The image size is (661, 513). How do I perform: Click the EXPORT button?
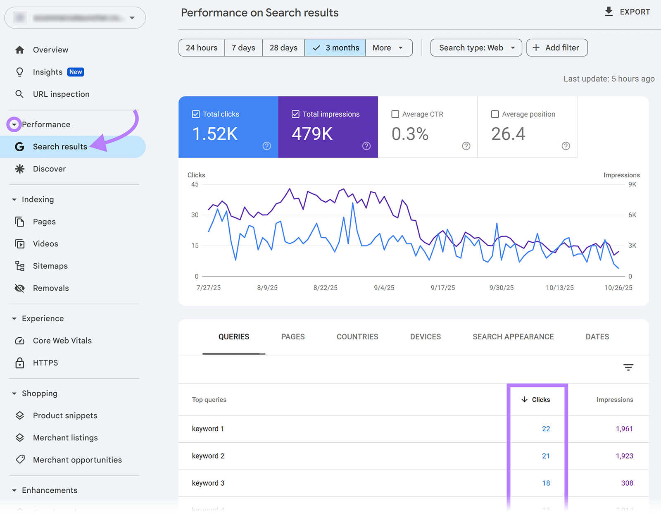[627, 12]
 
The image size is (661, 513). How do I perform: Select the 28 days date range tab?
[283, 48]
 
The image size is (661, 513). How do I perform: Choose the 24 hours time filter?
[202, 48]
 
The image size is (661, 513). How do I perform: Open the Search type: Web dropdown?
[476, 48]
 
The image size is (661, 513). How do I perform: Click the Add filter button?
[556, 48]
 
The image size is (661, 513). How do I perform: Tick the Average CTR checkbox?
[395, 114]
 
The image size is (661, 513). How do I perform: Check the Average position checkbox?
[495, 114]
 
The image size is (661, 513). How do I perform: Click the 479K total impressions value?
[312, 134]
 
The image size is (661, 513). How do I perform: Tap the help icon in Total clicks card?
[267, 146]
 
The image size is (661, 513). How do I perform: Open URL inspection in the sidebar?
[61, 94]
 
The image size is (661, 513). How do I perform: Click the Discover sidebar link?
[49, 169]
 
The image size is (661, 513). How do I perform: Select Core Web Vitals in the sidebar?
[62, 341]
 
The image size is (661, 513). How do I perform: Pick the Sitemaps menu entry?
[50, 266]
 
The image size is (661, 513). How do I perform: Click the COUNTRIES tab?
[357, 337]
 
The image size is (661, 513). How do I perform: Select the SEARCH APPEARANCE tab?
[513, 337]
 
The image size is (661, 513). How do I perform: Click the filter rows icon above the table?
[628, 367]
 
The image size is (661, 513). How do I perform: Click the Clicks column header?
[536, 400]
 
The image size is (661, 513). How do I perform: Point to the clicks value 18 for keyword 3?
[546, 483]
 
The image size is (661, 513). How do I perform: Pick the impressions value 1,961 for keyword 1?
[624, 429]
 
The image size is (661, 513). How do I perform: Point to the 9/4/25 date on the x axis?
[384, 288]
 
